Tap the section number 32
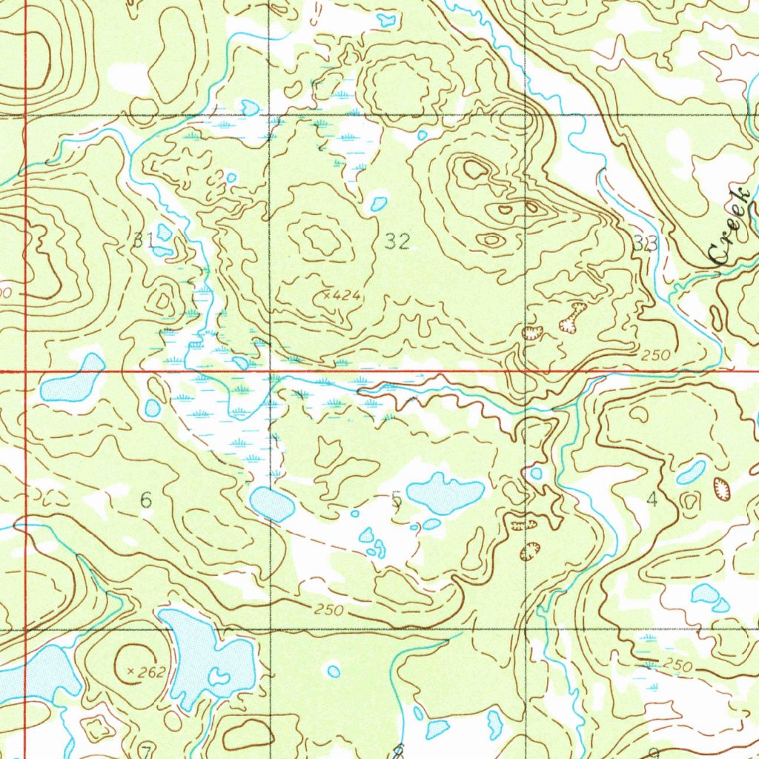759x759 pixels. pos(397,241)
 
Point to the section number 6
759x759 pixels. pos(146,501)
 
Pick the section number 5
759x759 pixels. pos(397,501)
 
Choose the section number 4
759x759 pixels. pos(652,500)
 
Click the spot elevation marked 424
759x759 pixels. pos(340,296)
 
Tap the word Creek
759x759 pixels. pos(729,226)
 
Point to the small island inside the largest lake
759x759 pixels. pos(218,676)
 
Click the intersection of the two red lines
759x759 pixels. pos(25,371)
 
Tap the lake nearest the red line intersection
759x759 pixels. pos(73,379)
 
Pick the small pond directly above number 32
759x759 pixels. pos(378,202)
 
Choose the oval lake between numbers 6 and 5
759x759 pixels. pos(272,505)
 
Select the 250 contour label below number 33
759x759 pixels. pos(655,356)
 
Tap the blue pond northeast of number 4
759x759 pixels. pos(691,471)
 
